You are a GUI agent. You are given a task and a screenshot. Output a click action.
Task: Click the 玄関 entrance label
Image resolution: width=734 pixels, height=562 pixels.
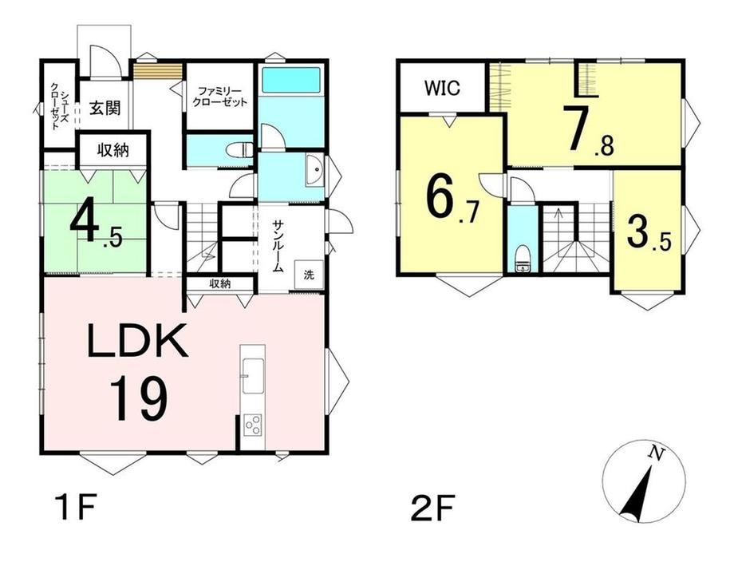point(105,109)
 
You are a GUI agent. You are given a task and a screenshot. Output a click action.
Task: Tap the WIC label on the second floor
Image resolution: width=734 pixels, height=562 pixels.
point(442,88)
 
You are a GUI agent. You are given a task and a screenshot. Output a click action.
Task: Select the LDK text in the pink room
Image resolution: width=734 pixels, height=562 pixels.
point(137,341)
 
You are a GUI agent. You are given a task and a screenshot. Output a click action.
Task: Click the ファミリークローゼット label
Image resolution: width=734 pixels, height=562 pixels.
point(219,97)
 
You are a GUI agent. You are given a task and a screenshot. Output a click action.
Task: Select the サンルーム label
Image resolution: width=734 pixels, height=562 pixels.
point(277,247)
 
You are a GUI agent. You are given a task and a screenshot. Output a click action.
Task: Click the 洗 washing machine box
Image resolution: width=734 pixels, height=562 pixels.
point(309,275)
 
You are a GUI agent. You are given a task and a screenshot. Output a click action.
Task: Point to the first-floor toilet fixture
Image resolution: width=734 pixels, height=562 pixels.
point(239,151)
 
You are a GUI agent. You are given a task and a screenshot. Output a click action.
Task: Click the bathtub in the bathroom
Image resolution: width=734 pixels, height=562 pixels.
point(290,80)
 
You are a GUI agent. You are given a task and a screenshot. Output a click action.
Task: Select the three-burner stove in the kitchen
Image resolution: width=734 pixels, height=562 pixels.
point(253,425)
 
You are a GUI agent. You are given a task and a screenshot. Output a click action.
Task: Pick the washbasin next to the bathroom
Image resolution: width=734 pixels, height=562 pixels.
point(314,171)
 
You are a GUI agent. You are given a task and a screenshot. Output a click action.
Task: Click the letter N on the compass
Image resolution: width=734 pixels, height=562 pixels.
point(656,453)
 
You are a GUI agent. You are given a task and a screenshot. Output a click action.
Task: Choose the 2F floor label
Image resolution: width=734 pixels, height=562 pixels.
point(432,509)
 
